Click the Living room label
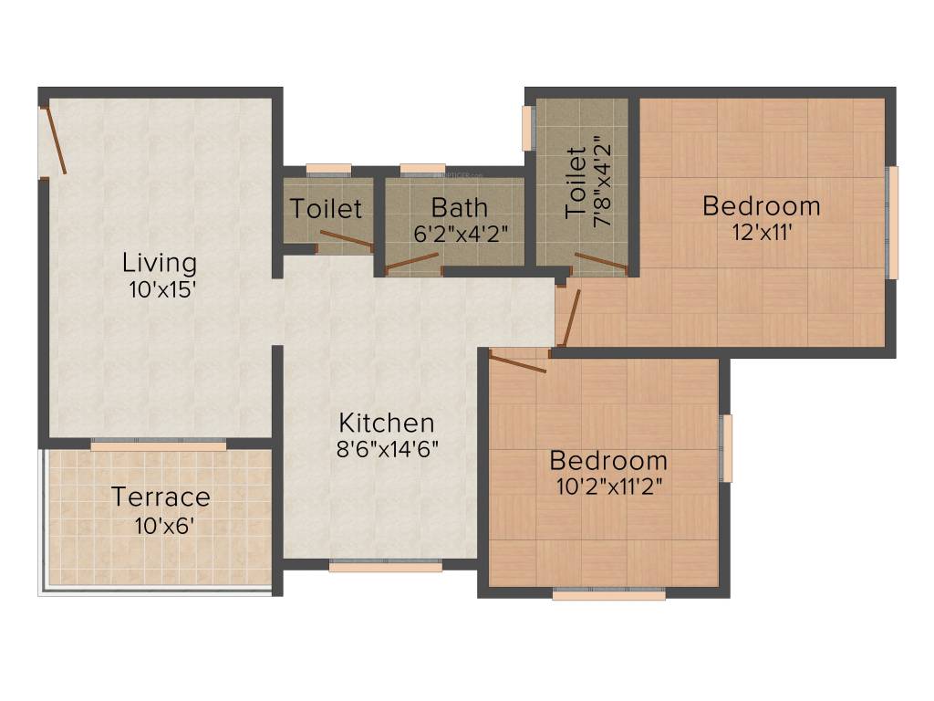pos(160,264)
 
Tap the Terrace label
pos(161,497)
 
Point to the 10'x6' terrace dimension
pos(161,525)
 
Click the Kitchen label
pos(387,424)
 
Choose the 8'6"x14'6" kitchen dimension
pos(389,448)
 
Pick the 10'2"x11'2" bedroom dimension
pos(608,486)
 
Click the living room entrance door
pos(53,140)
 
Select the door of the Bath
pos(412,262)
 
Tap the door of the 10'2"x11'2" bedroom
pos(517,363)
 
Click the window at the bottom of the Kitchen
pos(385,566)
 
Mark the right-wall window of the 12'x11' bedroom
pos(892,222)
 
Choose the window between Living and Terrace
pos(158,445)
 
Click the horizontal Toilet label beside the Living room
pos(327,209)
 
